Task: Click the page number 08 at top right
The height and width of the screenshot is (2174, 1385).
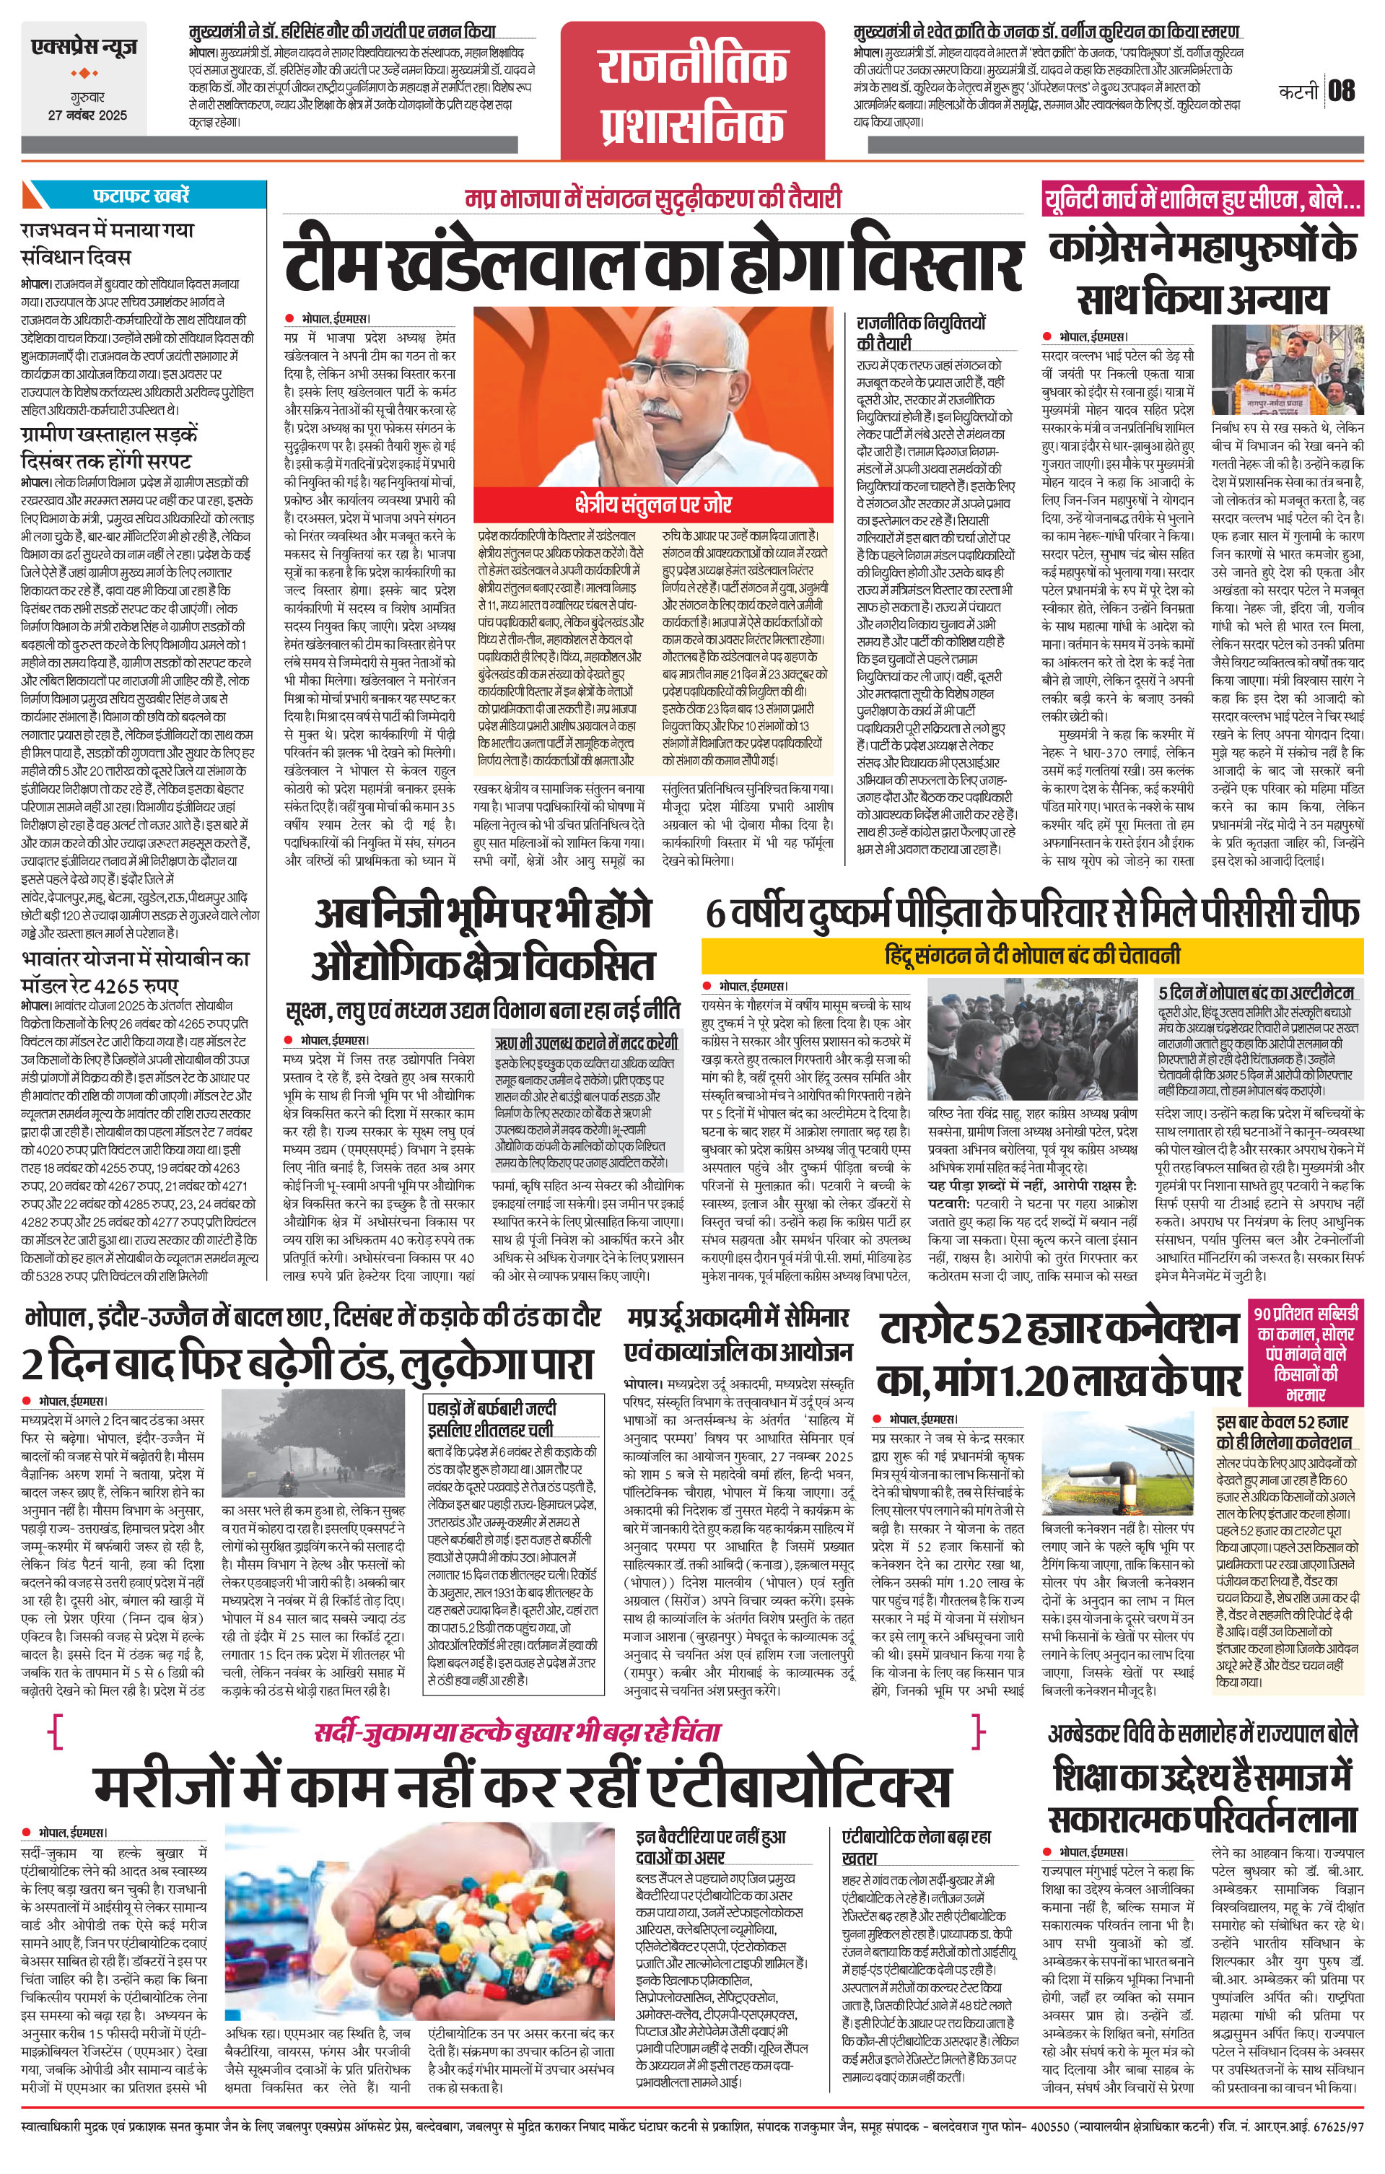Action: (x=1342, y=90)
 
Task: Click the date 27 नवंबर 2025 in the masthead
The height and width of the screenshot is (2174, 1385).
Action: (x=87, y=115)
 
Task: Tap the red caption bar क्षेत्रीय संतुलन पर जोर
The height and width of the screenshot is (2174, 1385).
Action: (x=654, y=504)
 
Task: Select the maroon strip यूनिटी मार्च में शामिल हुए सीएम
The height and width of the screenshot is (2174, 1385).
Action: (x=1202, y=198)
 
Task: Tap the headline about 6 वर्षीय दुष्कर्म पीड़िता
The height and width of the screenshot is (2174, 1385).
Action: (x=1032, y=913)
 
